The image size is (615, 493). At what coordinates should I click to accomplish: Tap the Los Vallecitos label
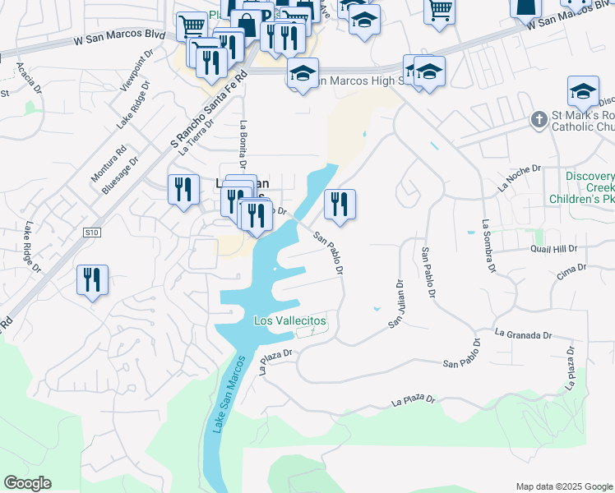pos(289,320)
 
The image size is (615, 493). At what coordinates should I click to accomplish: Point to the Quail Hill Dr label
pos(555,248)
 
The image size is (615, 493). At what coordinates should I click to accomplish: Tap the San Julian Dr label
pos(395,305)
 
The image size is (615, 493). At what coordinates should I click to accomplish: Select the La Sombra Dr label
pos(489,245)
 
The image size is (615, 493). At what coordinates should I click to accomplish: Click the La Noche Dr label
pos(519,178)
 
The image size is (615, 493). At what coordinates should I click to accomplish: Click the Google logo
pos(27,483)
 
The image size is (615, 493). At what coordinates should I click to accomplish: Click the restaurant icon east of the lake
pos(340,205)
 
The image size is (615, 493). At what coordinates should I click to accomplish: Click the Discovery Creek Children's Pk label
pos(590,189)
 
